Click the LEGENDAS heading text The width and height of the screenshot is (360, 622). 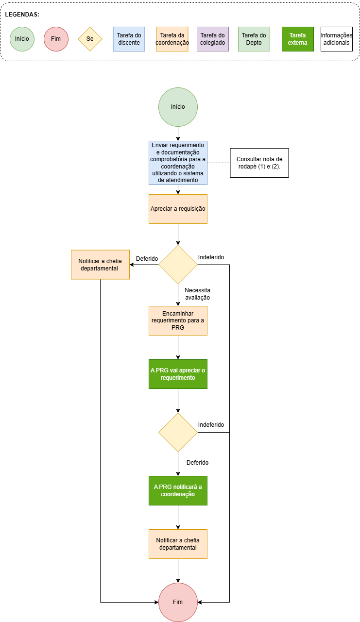[x=22, y=15]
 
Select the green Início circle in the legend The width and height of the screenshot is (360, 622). [x=22, y=38]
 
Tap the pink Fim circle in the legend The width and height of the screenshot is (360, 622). [x=56, y=38]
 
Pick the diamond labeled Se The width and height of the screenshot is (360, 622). [x=90, y=39]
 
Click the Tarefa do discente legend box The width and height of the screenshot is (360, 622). [x=129, y=39]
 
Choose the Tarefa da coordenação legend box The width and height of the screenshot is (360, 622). [x=172, y=39]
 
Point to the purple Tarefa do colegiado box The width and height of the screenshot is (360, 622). [x=213, y=39]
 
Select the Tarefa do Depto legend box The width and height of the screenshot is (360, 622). [x=254, y=39]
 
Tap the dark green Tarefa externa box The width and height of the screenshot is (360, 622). [x=298, y=39]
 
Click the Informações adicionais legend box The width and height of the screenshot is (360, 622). [x=336, y=39]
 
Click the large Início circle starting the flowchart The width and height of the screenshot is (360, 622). [x=178, y=107]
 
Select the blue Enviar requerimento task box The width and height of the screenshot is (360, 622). [x=178, y=163]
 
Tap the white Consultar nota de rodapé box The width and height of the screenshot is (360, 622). [x=259, y=163]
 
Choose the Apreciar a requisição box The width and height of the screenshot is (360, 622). [x=178, y=209]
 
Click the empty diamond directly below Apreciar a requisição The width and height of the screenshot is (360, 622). [x=178, y=265]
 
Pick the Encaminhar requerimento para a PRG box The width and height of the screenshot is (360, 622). [x=178, y=320]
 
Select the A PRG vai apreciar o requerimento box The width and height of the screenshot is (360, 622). [x=178, y=374]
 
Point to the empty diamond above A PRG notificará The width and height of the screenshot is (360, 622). [x=178, y=432]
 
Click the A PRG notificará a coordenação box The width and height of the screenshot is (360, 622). [x=178, y=490]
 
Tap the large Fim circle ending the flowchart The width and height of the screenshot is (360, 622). [x=178, y=602]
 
